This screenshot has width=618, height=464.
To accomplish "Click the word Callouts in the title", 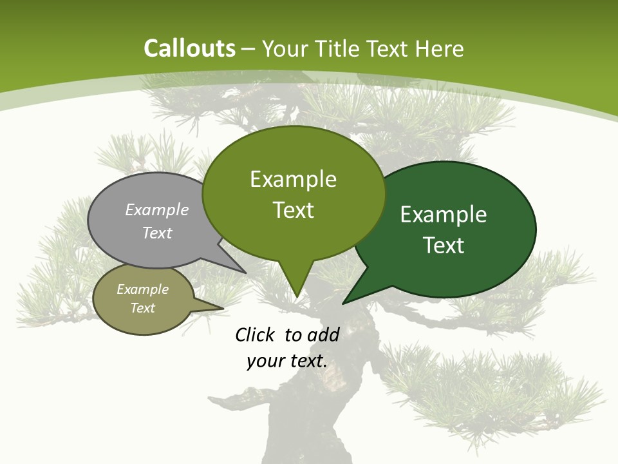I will pyautogui.click(x=189, y=48).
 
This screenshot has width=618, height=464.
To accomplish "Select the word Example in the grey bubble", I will pyautogui.click(x=157, y=209).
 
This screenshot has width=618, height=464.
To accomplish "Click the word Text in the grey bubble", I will pyautogui.click(x=157, y=233).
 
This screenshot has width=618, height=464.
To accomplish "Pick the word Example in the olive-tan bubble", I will pyautogui.click(x=143, y=289).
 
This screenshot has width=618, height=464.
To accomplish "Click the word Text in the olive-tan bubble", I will pyautogui.click(x=143, y=308).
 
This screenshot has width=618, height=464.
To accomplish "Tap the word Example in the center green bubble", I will pyautogui.click(x=293, y=179).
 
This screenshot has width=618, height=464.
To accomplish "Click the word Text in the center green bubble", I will pyautogui.click(x=293, y=210).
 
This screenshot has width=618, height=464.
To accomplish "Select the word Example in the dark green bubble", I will pyautogui.click(x=444, y=215).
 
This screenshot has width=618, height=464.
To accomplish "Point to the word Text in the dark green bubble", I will pyautogui.click(x=444, y=246).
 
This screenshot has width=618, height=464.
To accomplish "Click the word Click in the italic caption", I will pyautogui.click(x=255, y=334).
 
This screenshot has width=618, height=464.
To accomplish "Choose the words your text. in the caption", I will pyautogui.click(x=287, y=361).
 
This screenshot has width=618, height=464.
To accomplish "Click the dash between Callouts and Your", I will pyautogui.click(x=248, y=49).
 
